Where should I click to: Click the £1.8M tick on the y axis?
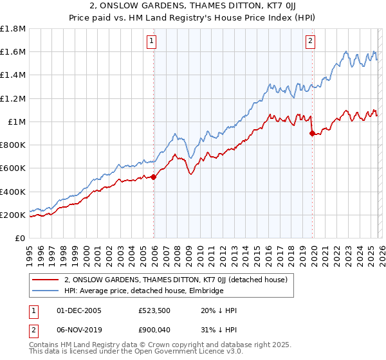[x=14, y=29]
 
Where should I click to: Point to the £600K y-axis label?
[x=14, y=168]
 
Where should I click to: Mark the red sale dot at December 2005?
[x=154, y=177]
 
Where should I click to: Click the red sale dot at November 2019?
[x=312, y=134]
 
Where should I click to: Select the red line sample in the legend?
[x=46, y=280]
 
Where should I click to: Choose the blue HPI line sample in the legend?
[x=46, y=291]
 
